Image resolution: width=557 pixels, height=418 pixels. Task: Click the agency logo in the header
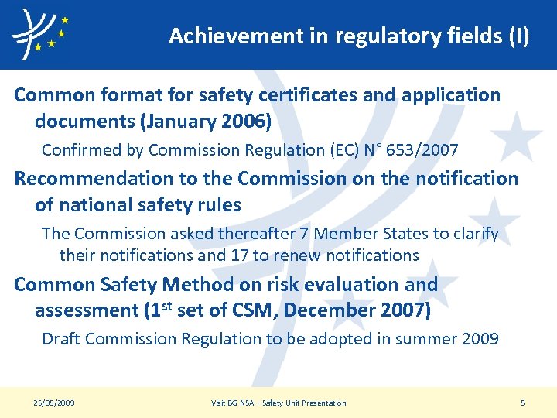[x=39, y=35]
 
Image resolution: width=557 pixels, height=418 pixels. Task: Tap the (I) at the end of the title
[x=519, y=36]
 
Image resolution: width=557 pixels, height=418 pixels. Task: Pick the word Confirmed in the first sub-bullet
[x=79, y=149]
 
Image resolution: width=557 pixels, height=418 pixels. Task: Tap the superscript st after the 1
[x=164, y=306]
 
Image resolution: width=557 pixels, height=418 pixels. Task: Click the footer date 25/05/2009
[x=55, y=403]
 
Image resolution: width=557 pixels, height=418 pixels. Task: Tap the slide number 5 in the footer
[x=523, y=403]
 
